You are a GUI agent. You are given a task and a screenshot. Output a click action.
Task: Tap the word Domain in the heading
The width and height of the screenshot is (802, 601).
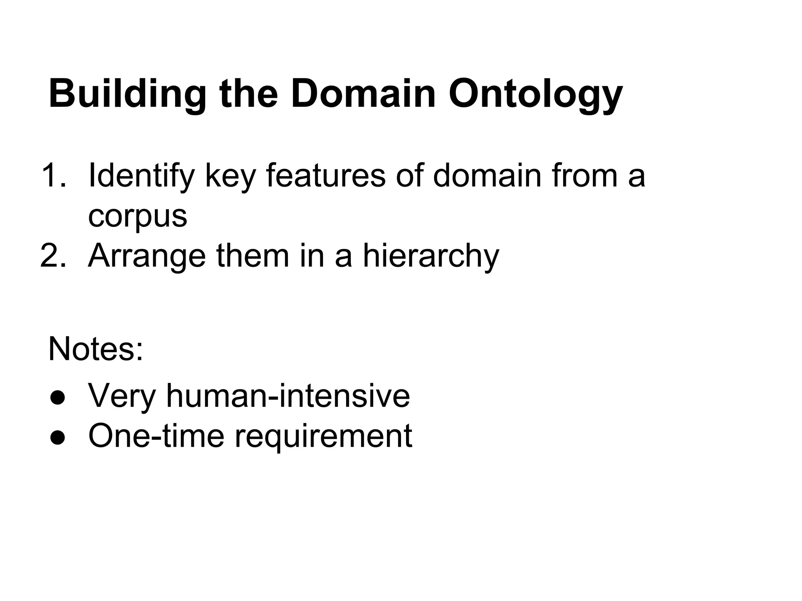[363, 94]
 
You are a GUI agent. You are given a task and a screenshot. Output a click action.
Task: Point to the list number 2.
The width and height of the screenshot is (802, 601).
[53, 256]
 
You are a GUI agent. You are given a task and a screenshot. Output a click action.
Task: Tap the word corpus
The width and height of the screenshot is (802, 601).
[137, 216]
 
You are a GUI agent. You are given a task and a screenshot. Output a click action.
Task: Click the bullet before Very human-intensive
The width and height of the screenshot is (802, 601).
[57, 398]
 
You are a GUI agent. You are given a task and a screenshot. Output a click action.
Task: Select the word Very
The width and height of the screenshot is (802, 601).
[122, 396]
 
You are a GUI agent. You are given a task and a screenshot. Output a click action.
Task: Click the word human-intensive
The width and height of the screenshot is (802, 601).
[288, 396]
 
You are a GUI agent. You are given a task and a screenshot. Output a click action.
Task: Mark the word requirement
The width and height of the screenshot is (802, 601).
[323, 437]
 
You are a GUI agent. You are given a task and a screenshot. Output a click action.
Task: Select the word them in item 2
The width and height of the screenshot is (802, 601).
[253, 256]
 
